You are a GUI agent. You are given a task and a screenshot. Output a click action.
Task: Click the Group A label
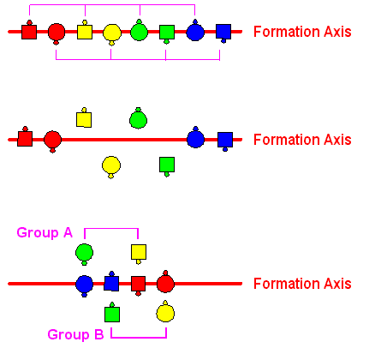point(45,232)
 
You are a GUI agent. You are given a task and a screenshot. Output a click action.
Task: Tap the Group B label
point(75,334)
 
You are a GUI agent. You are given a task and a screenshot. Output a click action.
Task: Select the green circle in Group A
point(84,254)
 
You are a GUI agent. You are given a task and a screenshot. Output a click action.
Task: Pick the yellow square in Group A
point(139,253)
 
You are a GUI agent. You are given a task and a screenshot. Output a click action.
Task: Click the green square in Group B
point(112,313)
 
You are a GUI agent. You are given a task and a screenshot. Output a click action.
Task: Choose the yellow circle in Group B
point(165,312)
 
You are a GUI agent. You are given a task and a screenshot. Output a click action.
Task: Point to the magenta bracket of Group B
point(139,338)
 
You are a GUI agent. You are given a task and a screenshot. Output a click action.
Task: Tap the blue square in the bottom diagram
point(111,282)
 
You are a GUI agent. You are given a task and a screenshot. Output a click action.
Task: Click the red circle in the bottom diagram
point(165,282)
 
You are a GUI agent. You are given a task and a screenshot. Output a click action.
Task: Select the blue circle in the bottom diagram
point(84,285)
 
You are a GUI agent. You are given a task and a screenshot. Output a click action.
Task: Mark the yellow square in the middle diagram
point(84,118)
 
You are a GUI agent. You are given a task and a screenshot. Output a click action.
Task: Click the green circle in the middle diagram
point(138,119)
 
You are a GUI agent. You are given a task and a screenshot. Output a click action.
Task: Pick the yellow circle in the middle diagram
point(111,166)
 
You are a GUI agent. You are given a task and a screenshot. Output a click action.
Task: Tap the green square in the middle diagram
point(167,166)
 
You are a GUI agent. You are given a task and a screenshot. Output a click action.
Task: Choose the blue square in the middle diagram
point(225,141)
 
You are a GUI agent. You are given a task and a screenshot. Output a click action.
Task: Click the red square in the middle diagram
point(25,137)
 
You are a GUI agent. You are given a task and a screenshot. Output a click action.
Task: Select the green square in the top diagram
point(167,33)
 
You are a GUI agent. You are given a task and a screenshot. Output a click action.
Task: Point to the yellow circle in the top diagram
point(112,34)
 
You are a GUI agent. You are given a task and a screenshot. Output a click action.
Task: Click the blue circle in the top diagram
point(195,31)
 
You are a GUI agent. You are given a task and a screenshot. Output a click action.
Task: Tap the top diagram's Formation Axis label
point(302,32)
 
